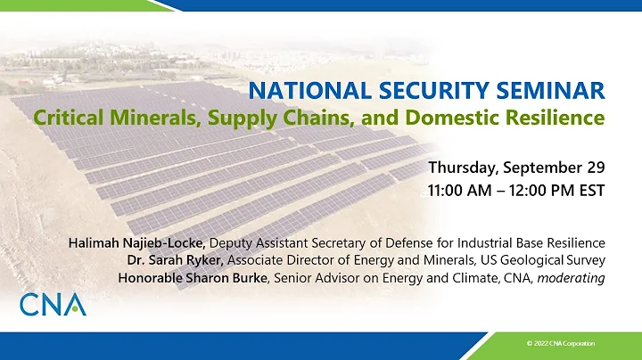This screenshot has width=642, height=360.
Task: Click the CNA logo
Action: [53, 303]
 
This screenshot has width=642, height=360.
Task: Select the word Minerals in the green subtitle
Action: [169, 116]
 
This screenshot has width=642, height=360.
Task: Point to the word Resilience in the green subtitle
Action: [560, 116]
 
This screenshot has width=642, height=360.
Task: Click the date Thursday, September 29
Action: [517, 168]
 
